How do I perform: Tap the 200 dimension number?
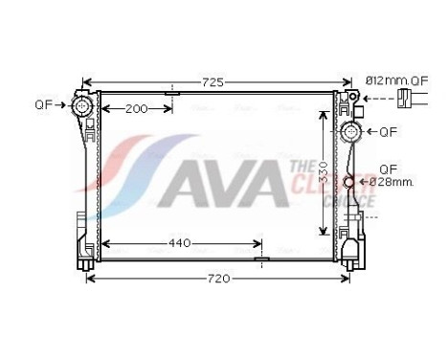click(137, 108)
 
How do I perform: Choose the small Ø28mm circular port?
click(350, 182)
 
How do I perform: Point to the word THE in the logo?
click(297, 167)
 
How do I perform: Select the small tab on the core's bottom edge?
click(258, 259)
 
